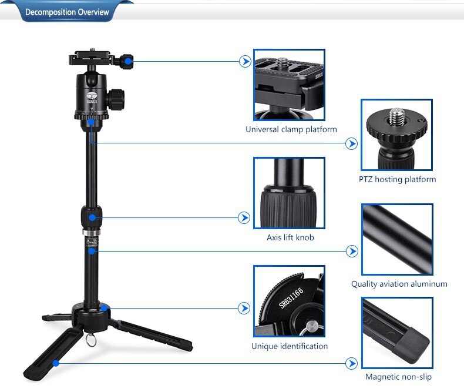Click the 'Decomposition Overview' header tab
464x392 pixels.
tap(68, 12)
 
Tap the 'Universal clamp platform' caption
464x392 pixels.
tap(291, 129)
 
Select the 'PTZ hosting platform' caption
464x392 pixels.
tap(398, 179)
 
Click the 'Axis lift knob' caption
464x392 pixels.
tap(290, 237)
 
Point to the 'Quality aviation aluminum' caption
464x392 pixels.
tap(399, 284)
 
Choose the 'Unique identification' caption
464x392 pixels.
tap(290, 346)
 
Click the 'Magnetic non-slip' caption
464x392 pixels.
tap(398, 377)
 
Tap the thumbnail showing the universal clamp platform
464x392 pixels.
tap(289, 85)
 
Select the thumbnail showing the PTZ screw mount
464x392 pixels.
tap(396, 135)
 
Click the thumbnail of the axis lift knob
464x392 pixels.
tap(289, 193)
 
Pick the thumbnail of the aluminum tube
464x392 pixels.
tap(397, 239)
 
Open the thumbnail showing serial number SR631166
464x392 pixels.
tap(289, 301)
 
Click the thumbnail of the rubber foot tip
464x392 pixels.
tap(397, 333)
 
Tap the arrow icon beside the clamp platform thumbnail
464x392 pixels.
tap(245, 61)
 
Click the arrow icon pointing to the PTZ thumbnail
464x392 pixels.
tap(352, 143)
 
